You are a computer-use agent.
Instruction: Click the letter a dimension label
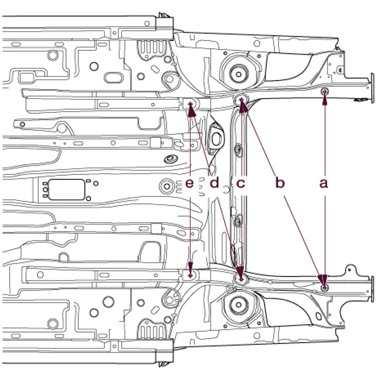click(323, 183)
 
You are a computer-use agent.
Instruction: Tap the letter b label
click(279, 183)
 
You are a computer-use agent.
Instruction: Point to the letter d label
click(214, 183)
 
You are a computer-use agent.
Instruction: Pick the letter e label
click(190, 183)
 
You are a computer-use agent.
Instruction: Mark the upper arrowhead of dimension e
click(191, 105)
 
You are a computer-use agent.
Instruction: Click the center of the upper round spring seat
click(238, 72)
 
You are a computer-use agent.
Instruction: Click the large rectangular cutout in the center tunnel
click(66, 189)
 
